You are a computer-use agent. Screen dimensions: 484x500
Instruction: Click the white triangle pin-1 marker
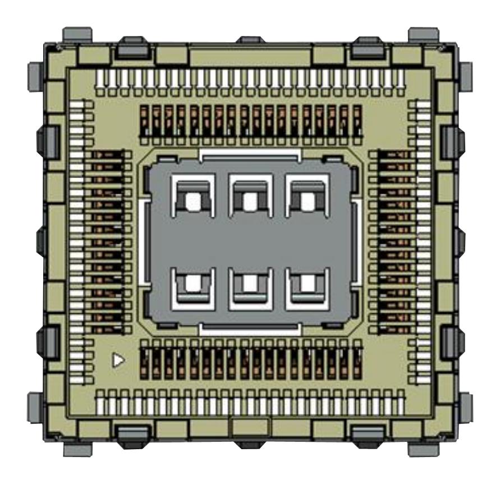[118, 360]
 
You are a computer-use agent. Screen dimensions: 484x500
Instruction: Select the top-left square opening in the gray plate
[194, 200]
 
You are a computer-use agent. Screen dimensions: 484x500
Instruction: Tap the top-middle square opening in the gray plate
[250, 200]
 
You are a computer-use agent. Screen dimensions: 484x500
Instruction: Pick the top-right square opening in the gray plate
[306, 200]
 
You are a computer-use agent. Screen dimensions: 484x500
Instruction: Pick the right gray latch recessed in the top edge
[368, 49]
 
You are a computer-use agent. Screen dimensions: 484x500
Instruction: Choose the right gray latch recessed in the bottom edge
[368, 432]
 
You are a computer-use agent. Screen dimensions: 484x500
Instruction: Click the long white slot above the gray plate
[250, 154]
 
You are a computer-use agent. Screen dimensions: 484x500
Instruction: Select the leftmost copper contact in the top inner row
[145, 121]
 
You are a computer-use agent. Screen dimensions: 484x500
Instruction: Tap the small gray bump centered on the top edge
[250, 40]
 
